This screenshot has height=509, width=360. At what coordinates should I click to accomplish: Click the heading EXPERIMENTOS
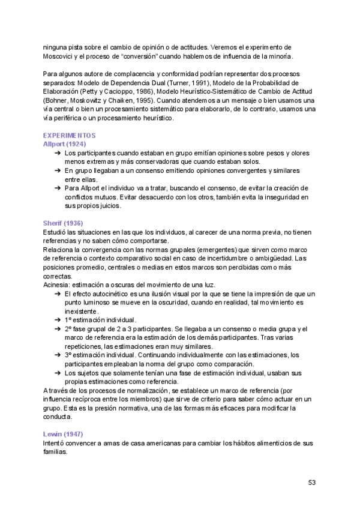tap(70, 136)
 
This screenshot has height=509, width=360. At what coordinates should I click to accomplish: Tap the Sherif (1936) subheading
tap(62, 223)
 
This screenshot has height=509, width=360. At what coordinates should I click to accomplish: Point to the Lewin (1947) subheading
tap(62, 434)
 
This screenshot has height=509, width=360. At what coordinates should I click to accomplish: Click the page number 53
tap(312, 483)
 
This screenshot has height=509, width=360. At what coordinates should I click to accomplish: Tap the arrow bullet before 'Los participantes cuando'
tap(57, 153)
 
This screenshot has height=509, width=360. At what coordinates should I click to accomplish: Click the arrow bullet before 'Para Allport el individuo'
tap(57, 188)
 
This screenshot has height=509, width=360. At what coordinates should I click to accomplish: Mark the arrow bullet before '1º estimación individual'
tap(57, 320)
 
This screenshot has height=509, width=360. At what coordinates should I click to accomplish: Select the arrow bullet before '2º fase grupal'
tap(57, 329)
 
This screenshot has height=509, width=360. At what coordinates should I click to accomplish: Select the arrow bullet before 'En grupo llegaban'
tap(57, 170)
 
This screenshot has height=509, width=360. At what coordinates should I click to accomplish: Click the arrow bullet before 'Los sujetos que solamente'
tap(57, 373)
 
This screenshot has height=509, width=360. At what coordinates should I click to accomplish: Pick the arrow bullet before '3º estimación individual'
tap(57, 355)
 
